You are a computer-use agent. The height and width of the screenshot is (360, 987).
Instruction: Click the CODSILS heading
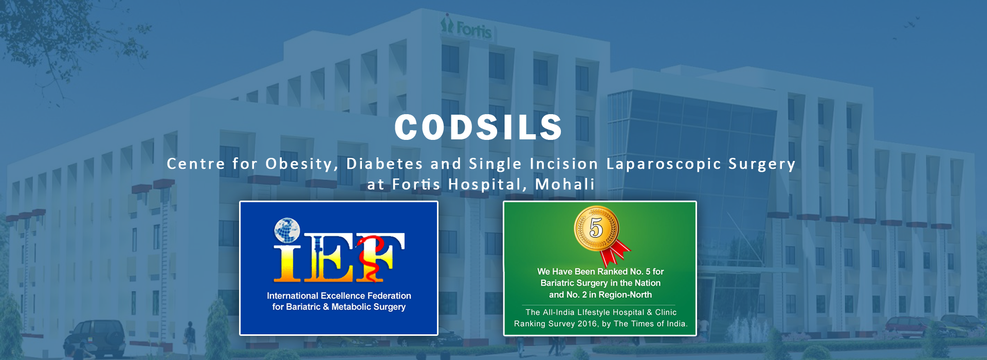pyautogui.click(x=479, y=127)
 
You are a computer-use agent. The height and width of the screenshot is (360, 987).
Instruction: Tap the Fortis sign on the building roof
pyautogui.click(x=466, y=28)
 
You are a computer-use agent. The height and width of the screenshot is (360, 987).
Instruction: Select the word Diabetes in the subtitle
pyautogui.click(x=385, y=164)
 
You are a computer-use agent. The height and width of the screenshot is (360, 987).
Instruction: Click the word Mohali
pyautogui.click(x=565, y=184)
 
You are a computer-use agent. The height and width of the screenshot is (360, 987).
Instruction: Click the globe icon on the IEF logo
pyautogui.click(x=287, y=230)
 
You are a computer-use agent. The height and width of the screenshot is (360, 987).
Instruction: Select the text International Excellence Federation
pyautogui.click(x=339, y=296)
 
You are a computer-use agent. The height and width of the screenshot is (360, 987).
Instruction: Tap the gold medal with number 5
pyautogui.click(x=596, y=228)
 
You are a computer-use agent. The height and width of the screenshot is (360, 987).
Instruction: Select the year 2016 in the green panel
pyautogui.click(x=587, y=323)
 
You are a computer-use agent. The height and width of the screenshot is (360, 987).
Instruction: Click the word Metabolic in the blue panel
pyautogui.click(x=352, y=307)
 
